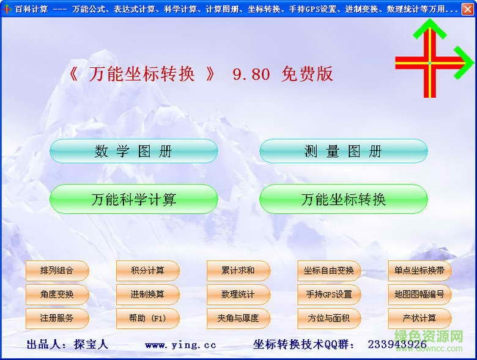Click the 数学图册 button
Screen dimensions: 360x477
pyautogui.click(x=133, y=152)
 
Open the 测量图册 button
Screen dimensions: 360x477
pyautogui.click(x=343, y=152)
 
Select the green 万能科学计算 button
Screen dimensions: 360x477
pyautogui.click(x=133, y=199)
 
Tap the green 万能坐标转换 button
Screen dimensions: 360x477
pyautogui.click(x=343, y=199)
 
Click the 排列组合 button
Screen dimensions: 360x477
pyautogui.click(x=57, y=271)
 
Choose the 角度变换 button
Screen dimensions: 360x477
pyautogui.click(x=57, y=295)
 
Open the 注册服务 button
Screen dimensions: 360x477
pyautogui.click(x=57, y=318)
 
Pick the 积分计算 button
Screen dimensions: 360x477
pyautogui.click(x=147, y=271)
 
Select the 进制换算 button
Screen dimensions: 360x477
pyautogui.click(x=147, y=295)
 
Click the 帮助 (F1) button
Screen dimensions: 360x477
pyautogui.click(x=147, y=318)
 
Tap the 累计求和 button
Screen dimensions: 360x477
pyautogui.click(x=238, y=271)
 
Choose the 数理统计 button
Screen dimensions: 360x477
pyautogui.click(x=238, y=295)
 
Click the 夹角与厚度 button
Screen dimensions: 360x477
pyautogui.click(x=238, y=318)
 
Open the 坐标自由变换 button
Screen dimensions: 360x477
pyautogui.click(x=329, y=271)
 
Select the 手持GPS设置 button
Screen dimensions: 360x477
pyautogui.click(x=329, y=295)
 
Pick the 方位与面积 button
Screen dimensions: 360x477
pyautogui.click(x=329, y=318)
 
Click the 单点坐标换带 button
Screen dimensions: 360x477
pyautogui.click(x=420, y=271)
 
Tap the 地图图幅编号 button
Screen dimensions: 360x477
pyautogui.click(x=420, y=295)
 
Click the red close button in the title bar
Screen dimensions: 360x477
pyautogui.click(x=468, y=9)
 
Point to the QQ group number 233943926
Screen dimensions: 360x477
pyautogui.click(x=397, y=345)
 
